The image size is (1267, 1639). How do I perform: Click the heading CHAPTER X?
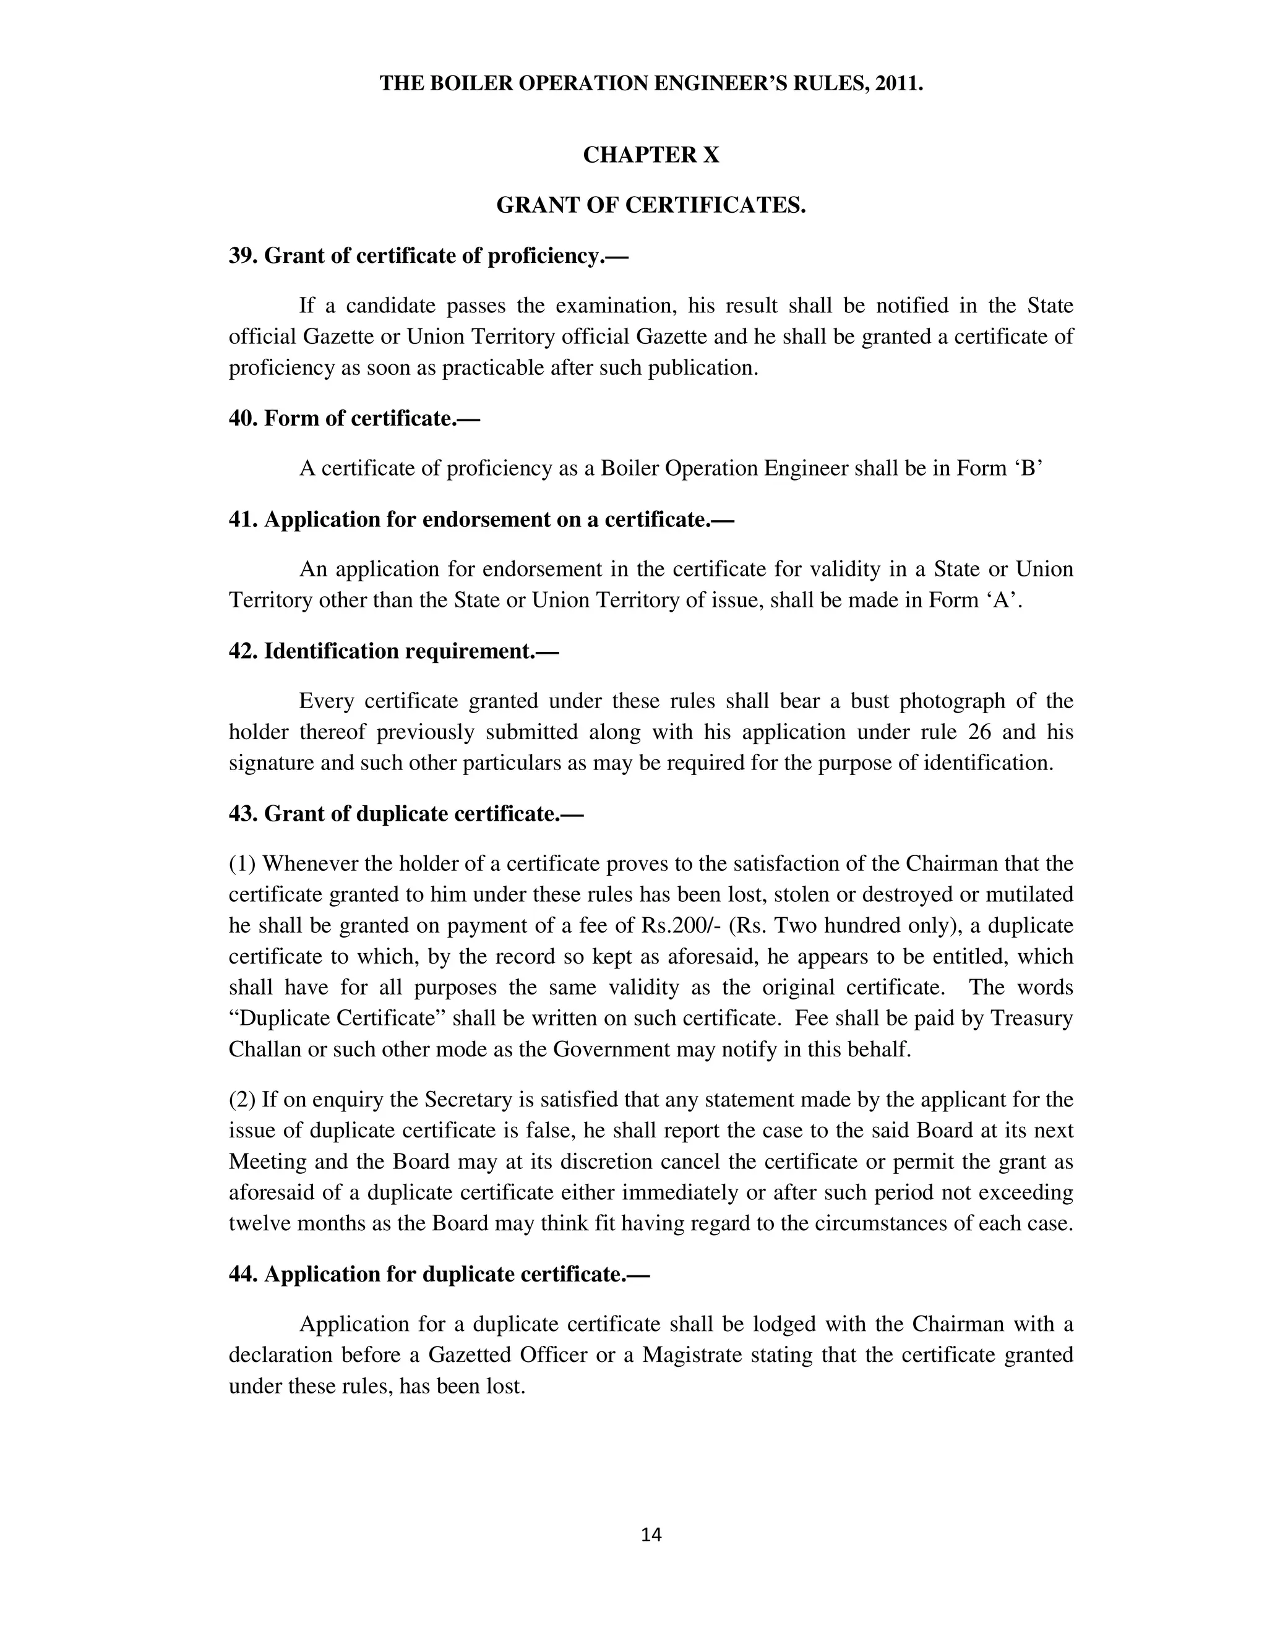click(651, 155)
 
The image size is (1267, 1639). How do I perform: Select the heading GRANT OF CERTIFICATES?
click(651, 205)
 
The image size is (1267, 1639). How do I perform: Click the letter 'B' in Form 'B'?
click(1028, 468)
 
